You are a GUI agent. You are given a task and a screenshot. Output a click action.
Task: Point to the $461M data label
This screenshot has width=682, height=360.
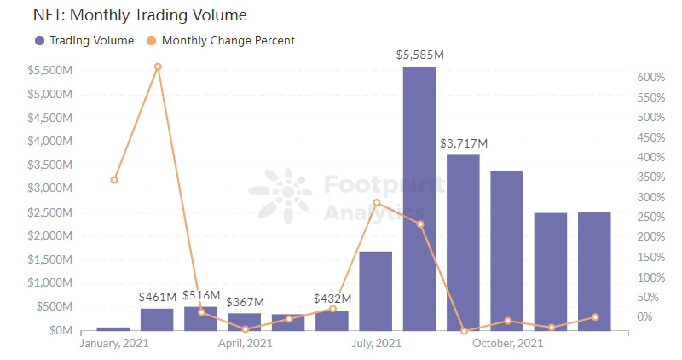click(158, 297)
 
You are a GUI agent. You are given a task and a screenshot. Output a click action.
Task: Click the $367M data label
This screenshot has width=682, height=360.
click(246, 302)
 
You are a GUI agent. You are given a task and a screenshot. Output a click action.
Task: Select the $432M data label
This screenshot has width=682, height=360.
click(332, 299)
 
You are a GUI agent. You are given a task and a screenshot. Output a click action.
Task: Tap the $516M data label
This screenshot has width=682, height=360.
click(201, 295)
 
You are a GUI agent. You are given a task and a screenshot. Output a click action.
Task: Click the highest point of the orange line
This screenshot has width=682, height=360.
click(158, 67)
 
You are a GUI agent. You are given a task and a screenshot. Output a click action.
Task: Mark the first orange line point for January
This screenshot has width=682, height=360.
click(114, 180)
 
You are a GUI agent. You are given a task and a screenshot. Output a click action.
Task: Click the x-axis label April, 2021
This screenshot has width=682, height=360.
click(245, 343)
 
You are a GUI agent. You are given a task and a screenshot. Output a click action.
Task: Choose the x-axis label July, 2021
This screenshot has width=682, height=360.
click(376, 343)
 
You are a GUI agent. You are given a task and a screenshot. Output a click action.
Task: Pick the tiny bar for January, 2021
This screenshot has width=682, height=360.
click(113, 328)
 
